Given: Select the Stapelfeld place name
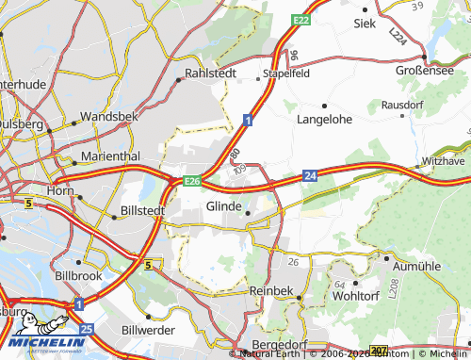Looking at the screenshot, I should [288, 72].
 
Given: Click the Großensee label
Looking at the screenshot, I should [422, 68].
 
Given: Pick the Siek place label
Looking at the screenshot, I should [365, 22].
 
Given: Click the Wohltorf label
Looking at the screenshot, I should [356, 296].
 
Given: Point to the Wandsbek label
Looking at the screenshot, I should [110, 116].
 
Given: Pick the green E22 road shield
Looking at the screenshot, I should [300, 19].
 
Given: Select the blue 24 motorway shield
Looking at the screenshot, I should [310, 174].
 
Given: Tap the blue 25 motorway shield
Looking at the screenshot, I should [87, 329].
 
